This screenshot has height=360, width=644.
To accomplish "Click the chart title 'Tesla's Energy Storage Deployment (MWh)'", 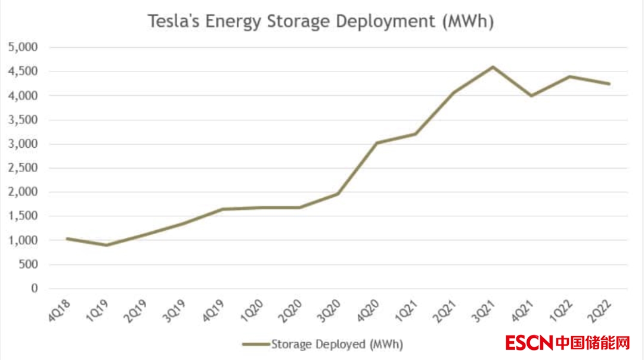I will pos(321,21).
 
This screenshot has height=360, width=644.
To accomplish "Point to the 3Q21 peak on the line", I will pos(493,67).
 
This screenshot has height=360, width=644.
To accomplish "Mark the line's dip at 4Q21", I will pos(531,95).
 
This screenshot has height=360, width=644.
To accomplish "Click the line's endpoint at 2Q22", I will pos(609,84).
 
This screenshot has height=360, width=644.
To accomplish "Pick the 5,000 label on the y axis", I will pos(22,47).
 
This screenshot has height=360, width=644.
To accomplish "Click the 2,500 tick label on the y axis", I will pos(22,168).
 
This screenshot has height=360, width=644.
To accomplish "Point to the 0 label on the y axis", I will pos(34,288).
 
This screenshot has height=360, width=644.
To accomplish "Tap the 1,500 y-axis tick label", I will pos(22,216).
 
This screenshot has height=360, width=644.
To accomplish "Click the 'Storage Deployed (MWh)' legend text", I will pos(337,344).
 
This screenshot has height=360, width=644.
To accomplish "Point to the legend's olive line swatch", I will pos(256,344).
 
